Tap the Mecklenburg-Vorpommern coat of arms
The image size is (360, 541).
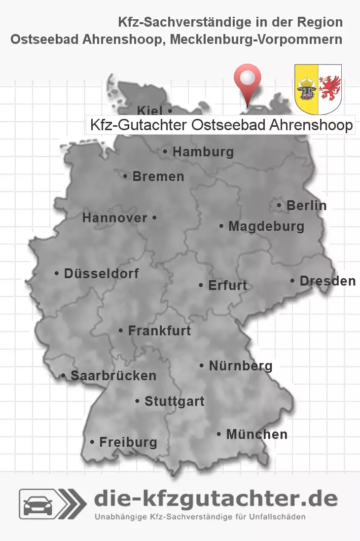click(x=318, y=87)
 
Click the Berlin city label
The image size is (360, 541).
click(x=306, y=206)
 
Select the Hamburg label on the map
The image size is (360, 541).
click(x=203, y=152)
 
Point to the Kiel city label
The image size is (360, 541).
click(x=150, y=110)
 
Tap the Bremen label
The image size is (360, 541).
click(x=158, y=177)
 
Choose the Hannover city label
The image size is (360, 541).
click(x=115, y=218)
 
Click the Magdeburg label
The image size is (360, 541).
click(x=266, y=227)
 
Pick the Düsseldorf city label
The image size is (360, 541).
click(x=101, y=273)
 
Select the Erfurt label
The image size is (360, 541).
click(x=227, y=286)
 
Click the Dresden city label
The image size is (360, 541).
click(x=327, y=281)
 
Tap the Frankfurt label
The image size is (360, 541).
click(x=159, y=331)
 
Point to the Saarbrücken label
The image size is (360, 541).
click(x=113, y=376)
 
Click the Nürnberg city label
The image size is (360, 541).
click(x=240, y=366)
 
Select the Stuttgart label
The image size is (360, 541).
click(x=174, y=401)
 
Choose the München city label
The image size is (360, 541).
click(x=256, y=434)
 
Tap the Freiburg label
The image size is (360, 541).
click(x=128, y=442)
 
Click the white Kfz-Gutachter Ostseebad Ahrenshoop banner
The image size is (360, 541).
click(x=220, y=125)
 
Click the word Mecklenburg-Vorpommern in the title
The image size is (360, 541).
click(x=256, y=39)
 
